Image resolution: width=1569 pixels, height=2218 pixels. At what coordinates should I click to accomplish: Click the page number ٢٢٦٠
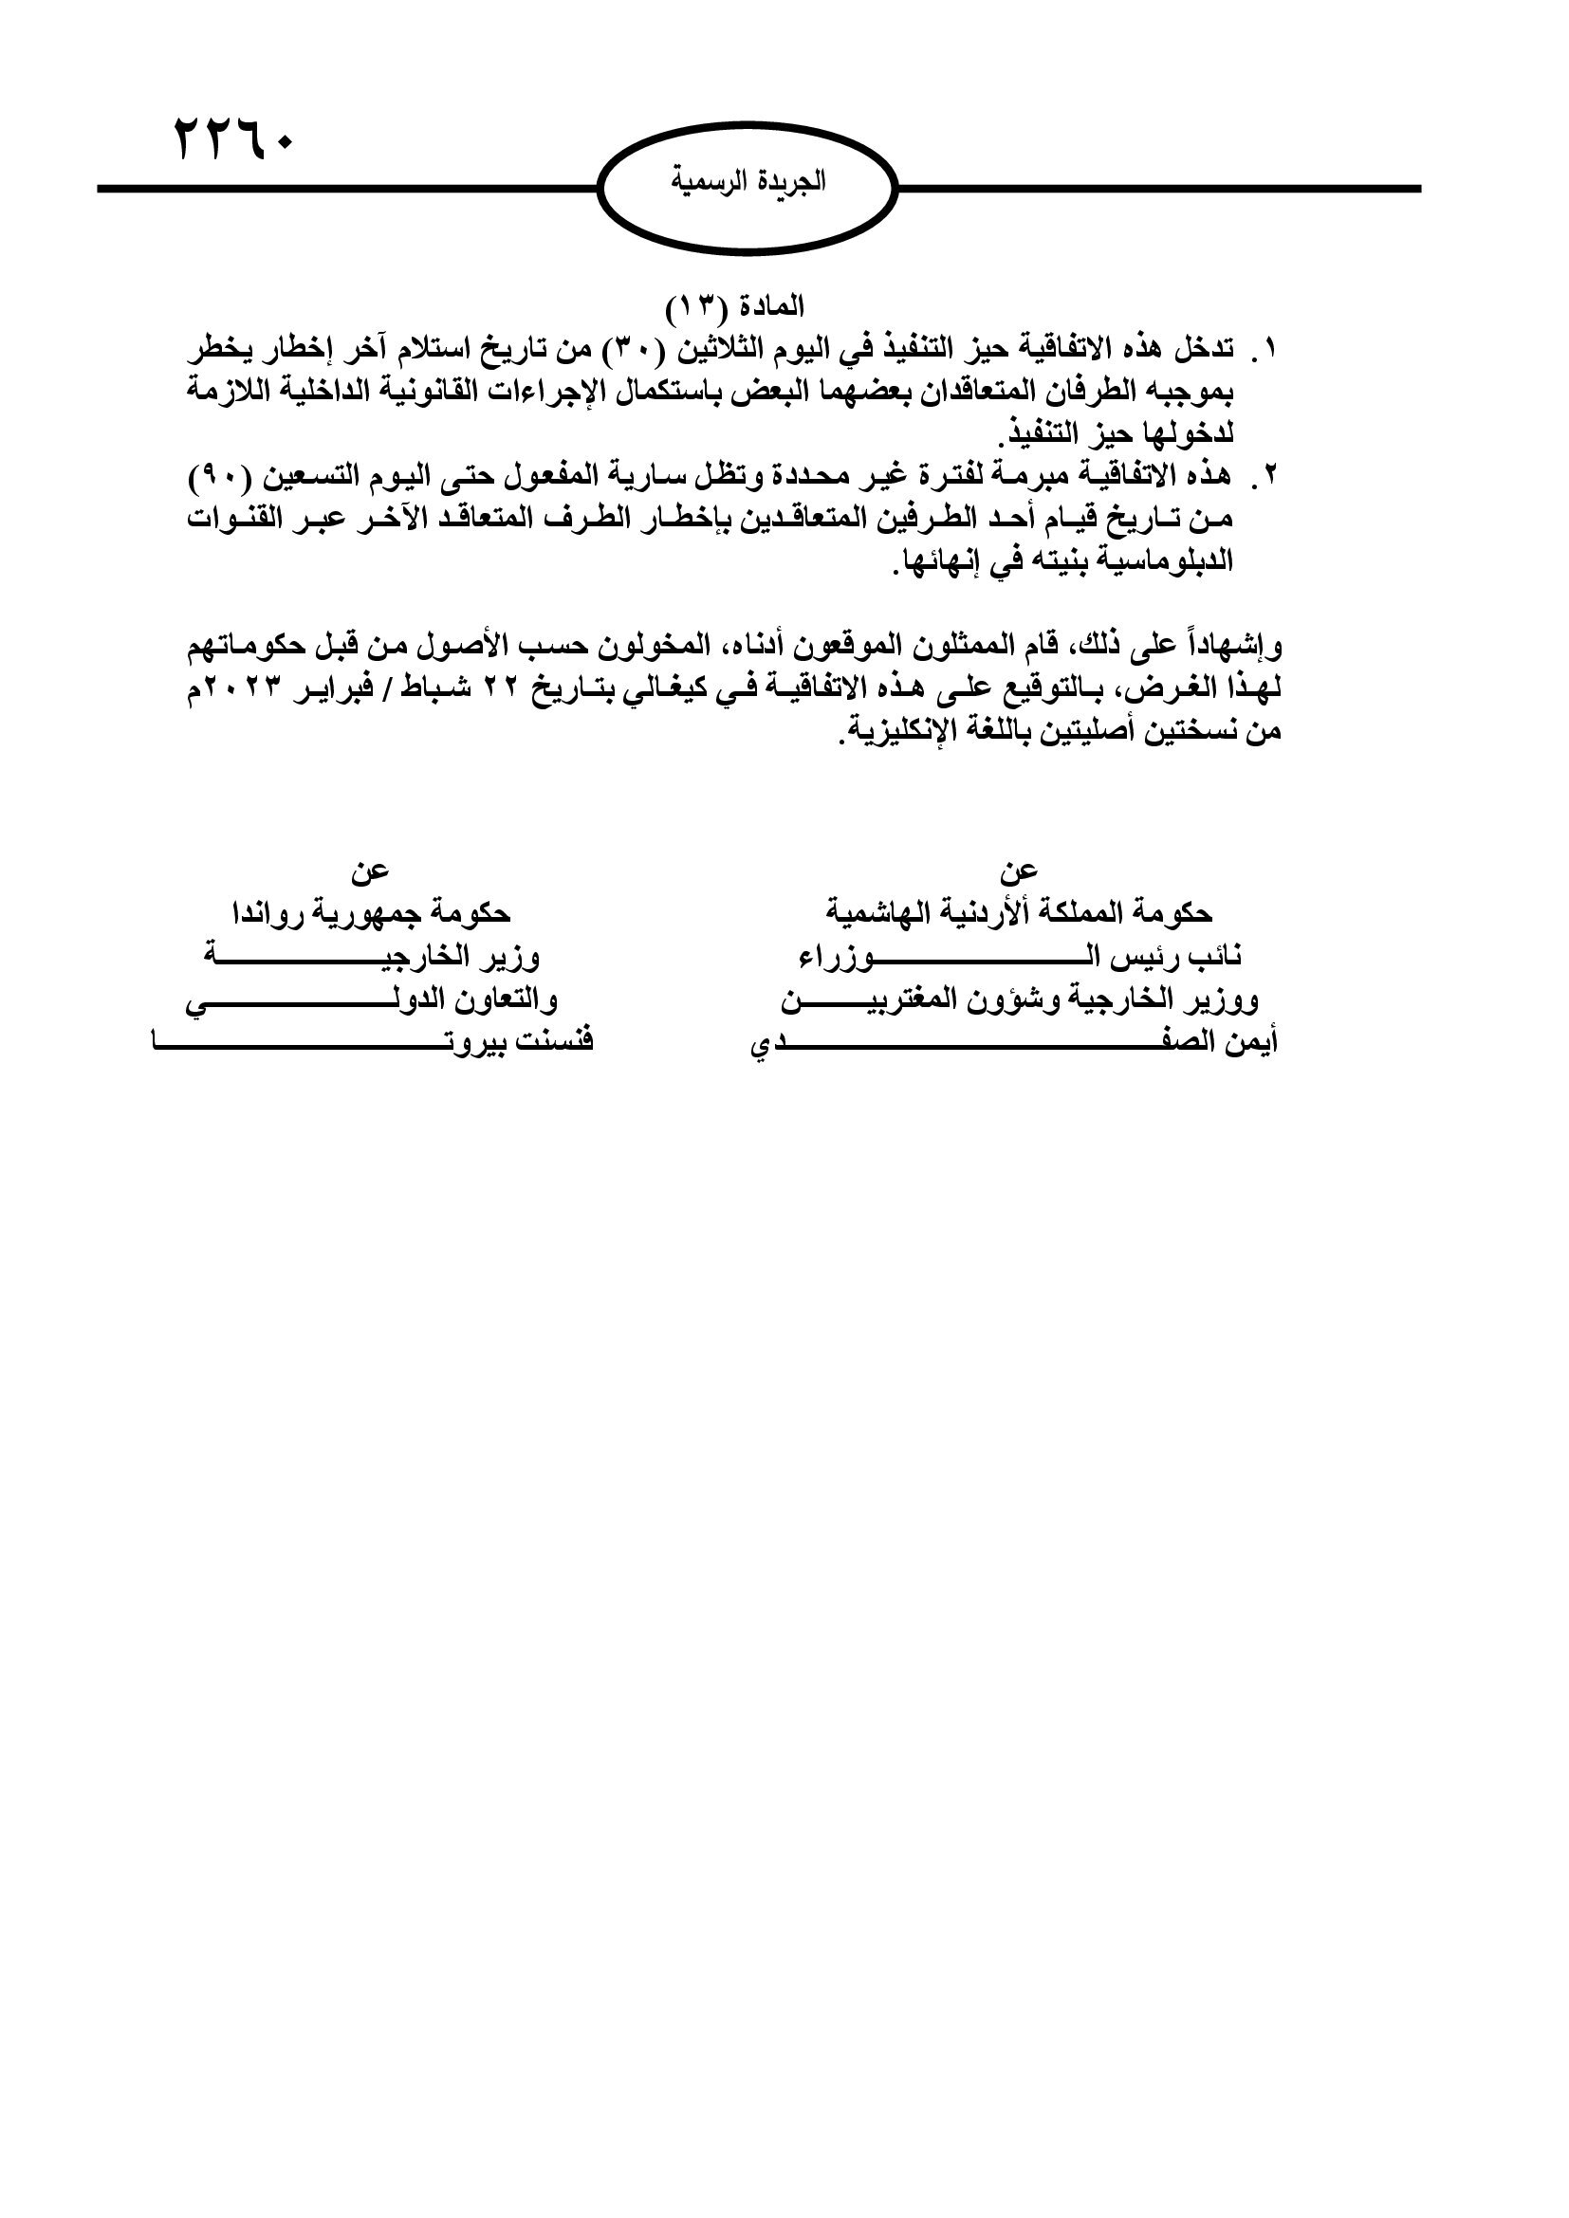click(x=233, y=141)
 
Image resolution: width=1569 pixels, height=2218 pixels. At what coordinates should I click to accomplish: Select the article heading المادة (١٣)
click(x=735, y=307)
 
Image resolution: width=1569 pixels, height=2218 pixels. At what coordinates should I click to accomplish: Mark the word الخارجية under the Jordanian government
click(x=1137, y=999)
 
